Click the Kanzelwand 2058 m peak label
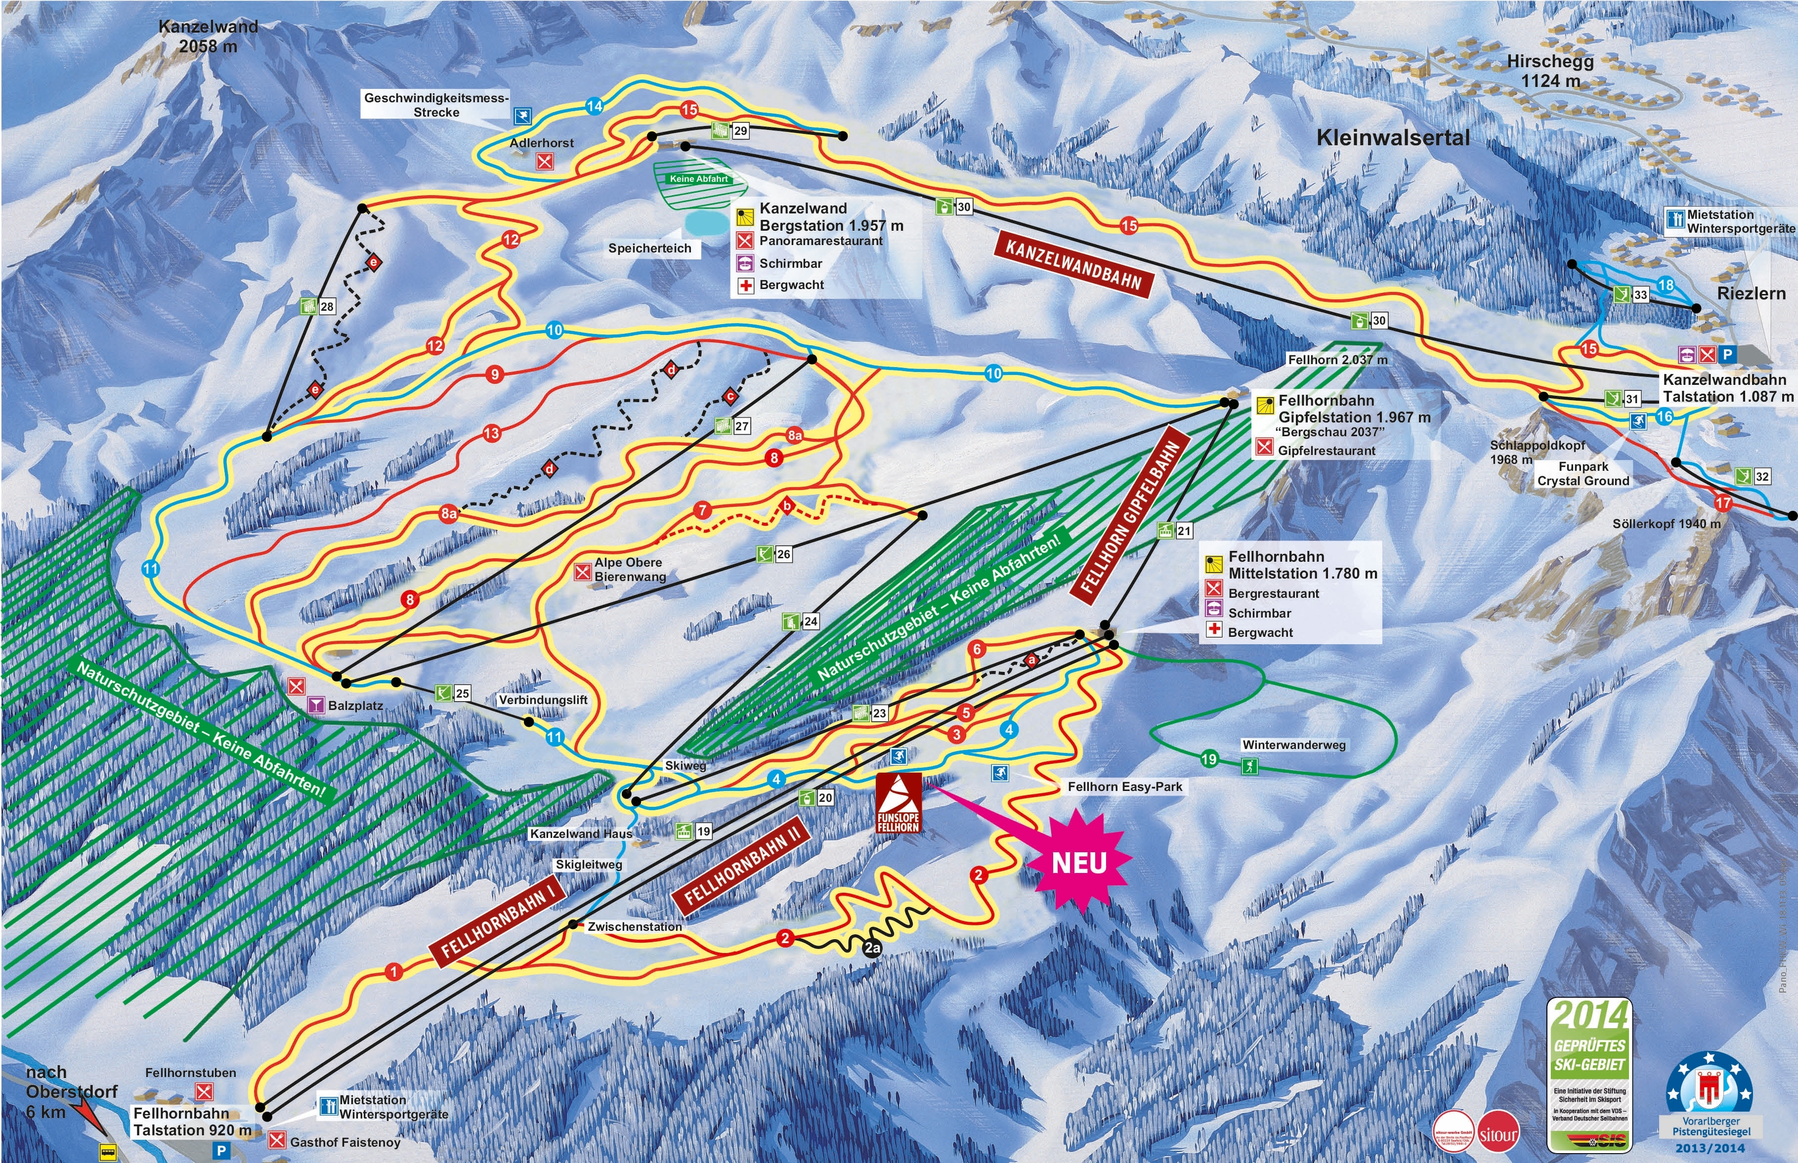pyautogui.click(x=209, y=36)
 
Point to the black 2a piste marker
pyautogui.click(x=873, y=948)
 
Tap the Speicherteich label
pyautogui.click(x=650, y=249)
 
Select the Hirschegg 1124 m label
pyautogui.click(x=1550, y=71)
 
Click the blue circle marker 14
pyautogui.click(x=595, y=107)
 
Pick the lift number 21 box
pyautogui.click(x=1184, y=531)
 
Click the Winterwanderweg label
pyautogui.click(x=1293, y=745)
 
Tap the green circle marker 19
pyautogui.click(x=1209, y=759)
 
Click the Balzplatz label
pyautogui.click(x=355, y=706)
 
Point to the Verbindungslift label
pyautogui.click(x=543, y=700)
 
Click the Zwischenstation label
pyautogui.click(x=635, y=927)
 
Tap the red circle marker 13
pyautogui.click(x=492, y=433)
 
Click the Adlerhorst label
pyautogui.click(x=542, y=143)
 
